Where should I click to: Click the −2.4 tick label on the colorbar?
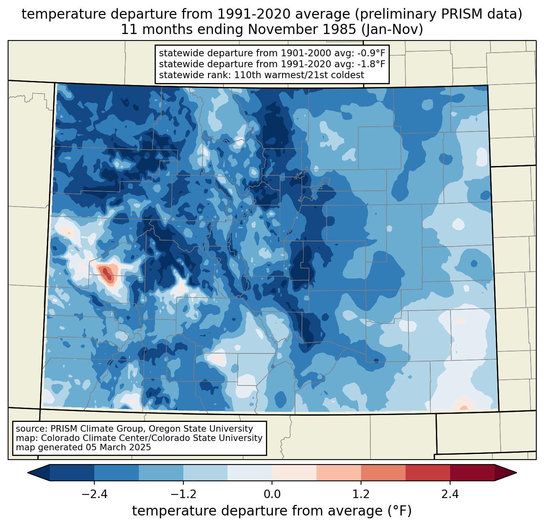(x=94, y=494)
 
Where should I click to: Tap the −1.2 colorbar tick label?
(x=183, y=494)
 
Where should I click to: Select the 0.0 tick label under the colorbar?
(x=272, y=494)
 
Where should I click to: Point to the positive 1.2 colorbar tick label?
(x=361, y=494)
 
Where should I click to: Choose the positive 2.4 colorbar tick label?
(x=450, y=494)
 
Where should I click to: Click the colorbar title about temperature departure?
(x=272, y=511)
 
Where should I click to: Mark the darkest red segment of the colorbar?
(x=472, y=473)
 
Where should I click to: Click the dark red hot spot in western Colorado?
(x=107, y=274)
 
